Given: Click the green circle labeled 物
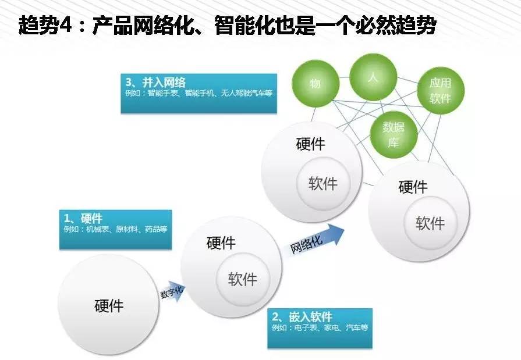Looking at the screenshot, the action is (x=315, y=84).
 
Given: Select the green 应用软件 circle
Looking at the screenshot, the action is (x=440, y=91).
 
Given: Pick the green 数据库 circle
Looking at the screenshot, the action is (x=394, y=134).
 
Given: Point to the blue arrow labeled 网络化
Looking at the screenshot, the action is (x=315, y=241).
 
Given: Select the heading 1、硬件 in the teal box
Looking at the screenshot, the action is (x=83, y=218).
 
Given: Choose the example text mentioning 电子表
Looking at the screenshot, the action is (x=320, y=328).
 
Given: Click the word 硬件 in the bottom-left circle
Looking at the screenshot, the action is (x=109, y=305).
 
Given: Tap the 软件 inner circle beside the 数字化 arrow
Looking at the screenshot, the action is (x=242, y=279).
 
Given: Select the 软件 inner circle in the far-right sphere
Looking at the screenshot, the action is (x=430, y=223).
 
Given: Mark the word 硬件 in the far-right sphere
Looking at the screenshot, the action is (x=413, y=187).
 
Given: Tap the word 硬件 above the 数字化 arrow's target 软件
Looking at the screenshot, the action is (x=221, y=243).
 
